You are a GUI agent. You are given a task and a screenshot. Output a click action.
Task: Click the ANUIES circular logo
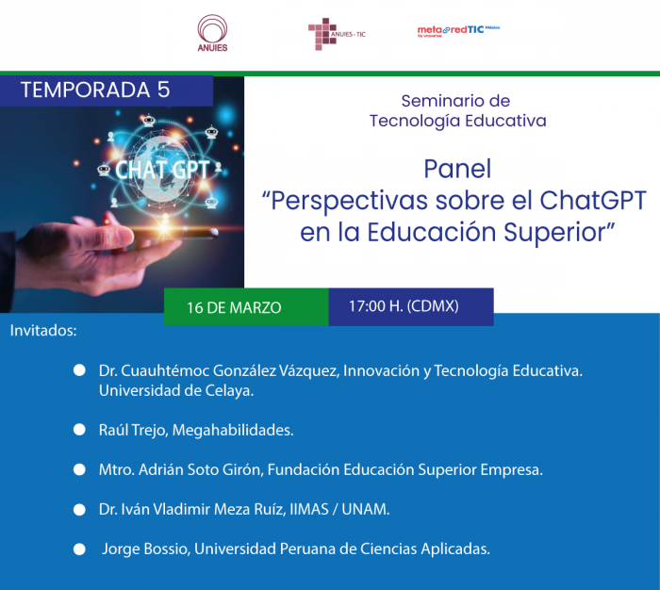point(212,33)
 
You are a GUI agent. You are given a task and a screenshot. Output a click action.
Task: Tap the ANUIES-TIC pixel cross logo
point(337,34)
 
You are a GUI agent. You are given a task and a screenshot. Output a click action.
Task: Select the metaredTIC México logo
point(458,31)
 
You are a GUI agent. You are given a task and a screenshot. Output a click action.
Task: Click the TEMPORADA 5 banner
point(107,90)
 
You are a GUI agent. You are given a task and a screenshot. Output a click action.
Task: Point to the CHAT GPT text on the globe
point(162,171)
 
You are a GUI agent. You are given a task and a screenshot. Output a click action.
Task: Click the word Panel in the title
point(457,169)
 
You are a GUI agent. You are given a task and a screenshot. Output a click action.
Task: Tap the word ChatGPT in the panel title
point(593,200)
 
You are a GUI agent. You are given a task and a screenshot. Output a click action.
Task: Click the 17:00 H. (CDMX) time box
point(411,306)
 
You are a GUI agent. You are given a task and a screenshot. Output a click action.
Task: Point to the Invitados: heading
point(43,331)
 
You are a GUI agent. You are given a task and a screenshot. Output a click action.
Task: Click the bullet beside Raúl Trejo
point(79,430)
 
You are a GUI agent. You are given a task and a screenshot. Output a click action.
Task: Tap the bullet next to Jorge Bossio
point(79,549)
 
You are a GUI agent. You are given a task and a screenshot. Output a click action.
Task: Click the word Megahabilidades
point(233,430)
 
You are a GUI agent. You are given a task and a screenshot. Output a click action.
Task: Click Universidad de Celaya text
point(176,391)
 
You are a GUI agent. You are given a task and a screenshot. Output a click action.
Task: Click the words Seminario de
point(455,101)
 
